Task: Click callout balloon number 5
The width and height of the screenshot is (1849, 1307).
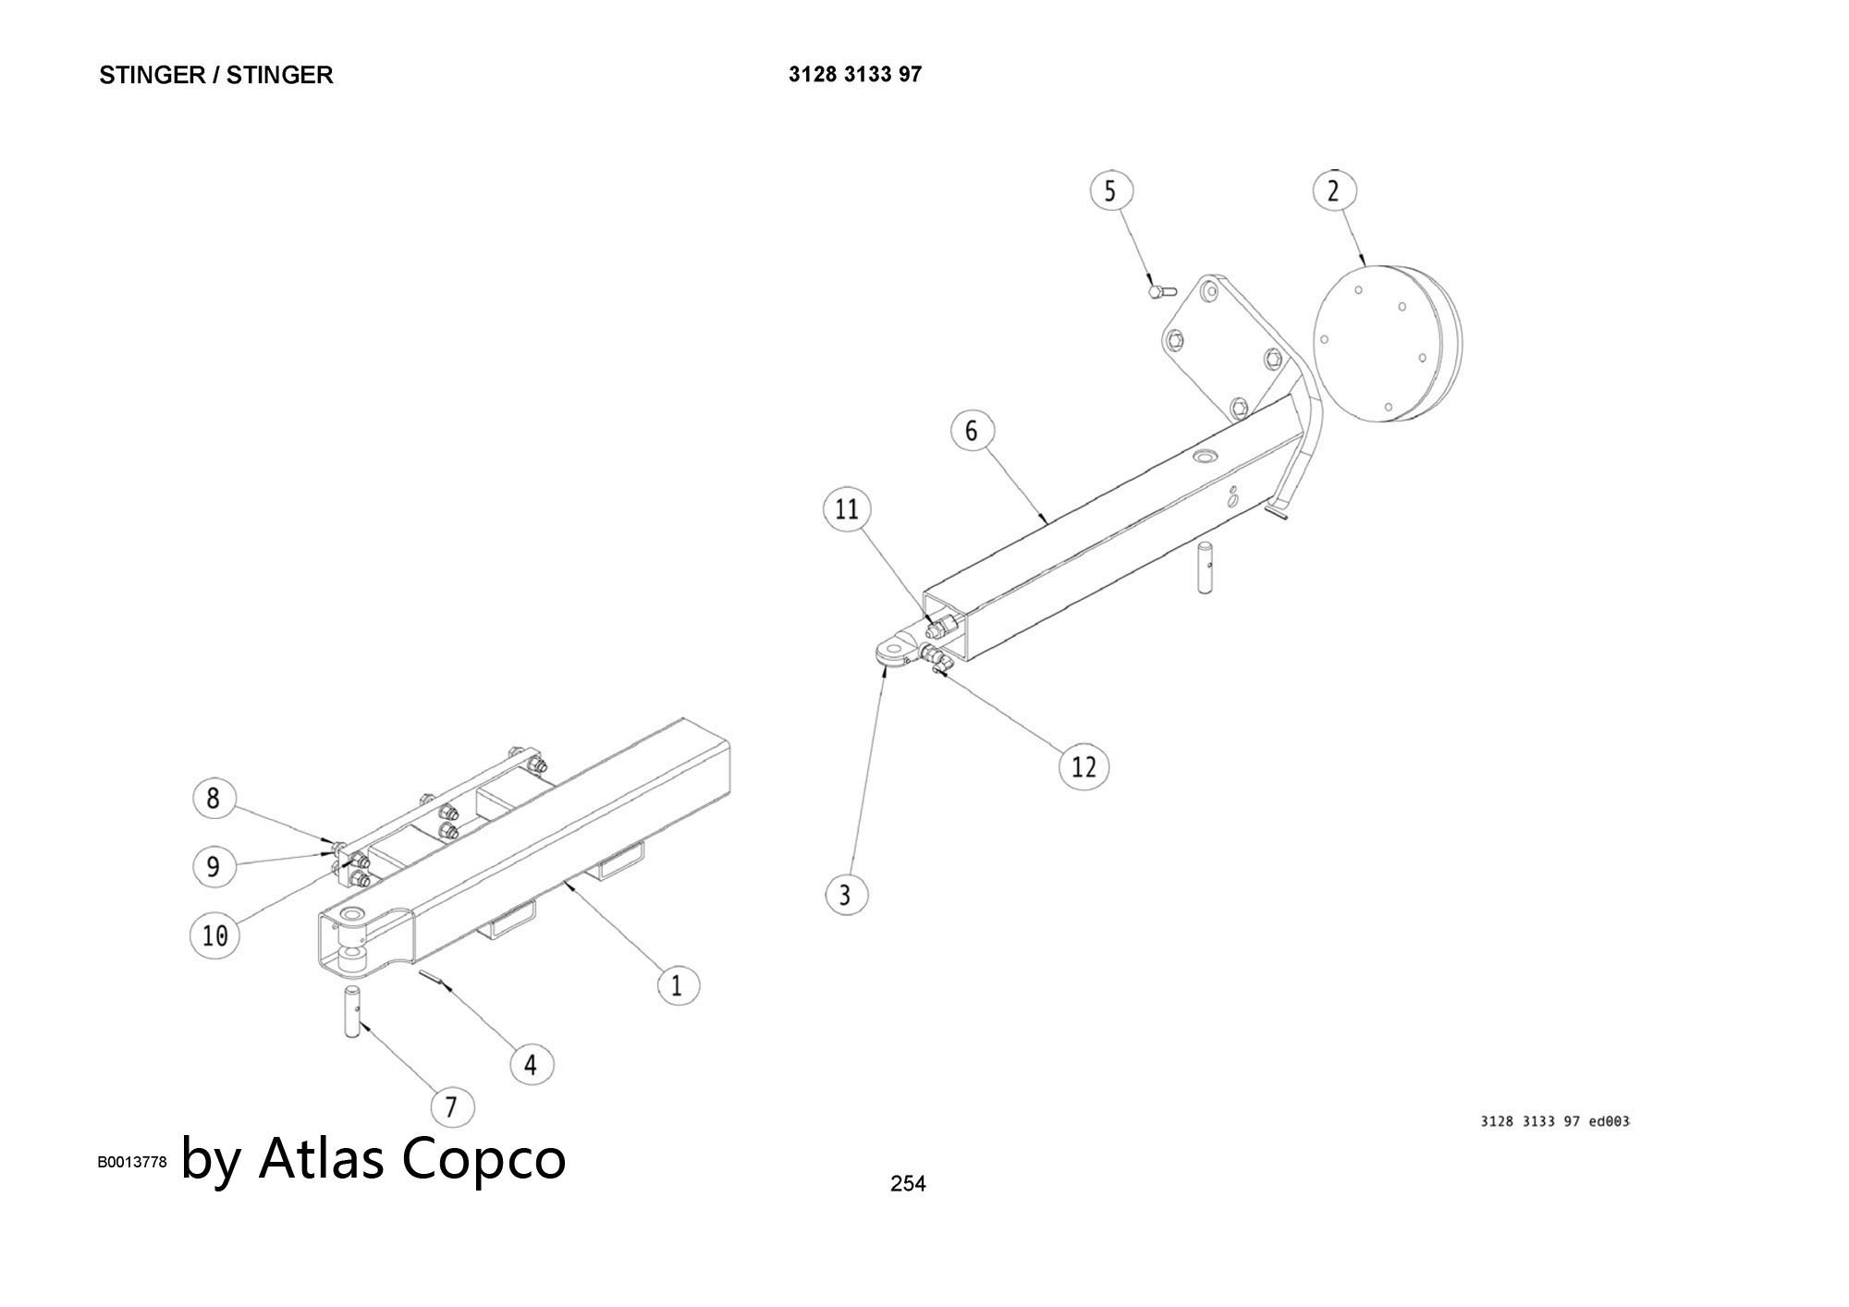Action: pyautogui.click(x=1110, y=191)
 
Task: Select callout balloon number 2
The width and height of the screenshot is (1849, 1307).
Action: pyautogui.click(x=1333, y=191)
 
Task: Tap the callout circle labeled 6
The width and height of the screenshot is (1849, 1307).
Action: pyautogui.click(x=972, y=431)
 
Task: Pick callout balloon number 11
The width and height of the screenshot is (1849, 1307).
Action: pyautogui.click(x=847, y=509)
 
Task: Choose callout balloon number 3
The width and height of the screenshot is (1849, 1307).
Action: pyautogui.click(x=845, y=894)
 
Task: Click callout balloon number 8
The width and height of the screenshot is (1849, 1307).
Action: pyautogui.click(x=214, y=798)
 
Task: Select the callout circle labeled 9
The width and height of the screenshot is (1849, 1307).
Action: pyautogui.click(x=214, y=866)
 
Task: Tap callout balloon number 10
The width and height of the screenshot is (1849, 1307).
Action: pyautogui.click(x=214, y=936)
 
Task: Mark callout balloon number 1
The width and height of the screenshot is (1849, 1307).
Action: pyautogui.click(x=678, y=985)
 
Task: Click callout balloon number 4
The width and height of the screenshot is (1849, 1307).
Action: pyautogui.click(x=531, y=1065)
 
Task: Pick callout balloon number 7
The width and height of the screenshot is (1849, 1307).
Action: pyautogui.click(x=451, y=1106)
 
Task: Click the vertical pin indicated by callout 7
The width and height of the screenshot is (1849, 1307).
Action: pyautogui.click(x=353, y=1011)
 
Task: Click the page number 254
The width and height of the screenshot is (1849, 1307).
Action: pyautogui.click(x=907, y=1183)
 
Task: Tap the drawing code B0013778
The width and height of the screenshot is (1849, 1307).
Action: pyautogui.click(x=132, y=1162)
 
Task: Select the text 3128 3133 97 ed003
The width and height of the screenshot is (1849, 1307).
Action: pyautogui.click(x=1555, y=1121)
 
